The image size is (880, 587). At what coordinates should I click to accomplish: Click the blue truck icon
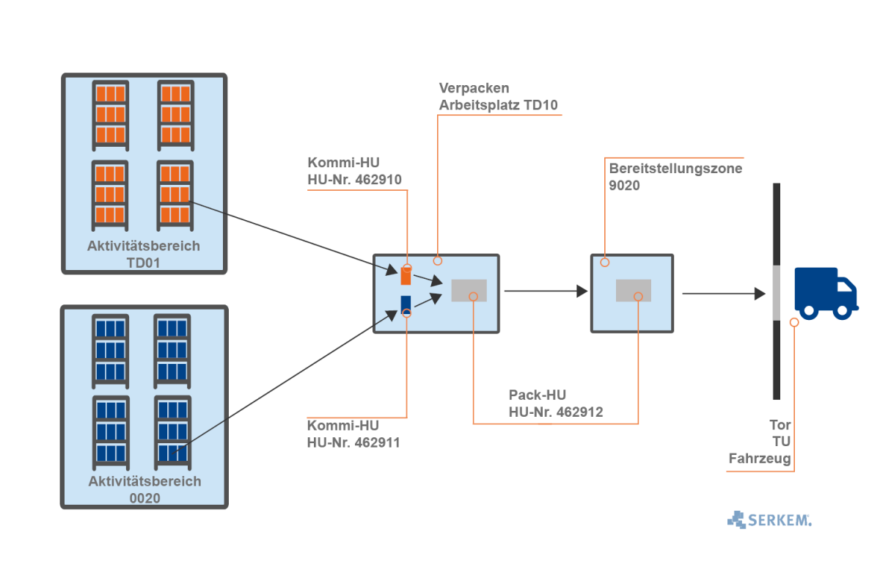tap(825, 293)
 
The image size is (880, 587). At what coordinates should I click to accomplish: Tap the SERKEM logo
tap(770, 519)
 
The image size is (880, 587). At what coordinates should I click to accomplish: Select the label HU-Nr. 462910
tap(355, 178)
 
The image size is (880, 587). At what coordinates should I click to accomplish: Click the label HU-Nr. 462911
tap(353, 442)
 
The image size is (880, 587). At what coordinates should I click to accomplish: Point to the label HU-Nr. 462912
tap(556, 412)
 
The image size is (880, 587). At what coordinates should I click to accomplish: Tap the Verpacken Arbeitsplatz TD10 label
tap(499, 97)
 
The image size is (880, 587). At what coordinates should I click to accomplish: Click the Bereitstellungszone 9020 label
tap(675, 177)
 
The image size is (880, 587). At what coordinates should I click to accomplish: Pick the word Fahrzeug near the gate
tap(760, 459)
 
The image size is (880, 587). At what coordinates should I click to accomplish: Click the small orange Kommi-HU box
tap(406, 275)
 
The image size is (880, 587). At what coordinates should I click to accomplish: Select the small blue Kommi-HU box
tap(406, 304)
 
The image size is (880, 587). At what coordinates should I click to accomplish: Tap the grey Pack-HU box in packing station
tap(469, 291)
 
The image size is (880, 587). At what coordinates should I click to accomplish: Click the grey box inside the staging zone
tap(634, 291)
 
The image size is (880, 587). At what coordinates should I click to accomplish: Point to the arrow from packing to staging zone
tap(546, 291)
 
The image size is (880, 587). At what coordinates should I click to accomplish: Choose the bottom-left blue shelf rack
tap(111, 432)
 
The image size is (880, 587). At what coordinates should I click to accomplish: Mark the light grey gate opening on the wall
tap(776, 293)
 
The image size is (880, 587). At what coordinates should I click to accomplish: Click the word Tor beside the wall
tap(780, 425)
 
